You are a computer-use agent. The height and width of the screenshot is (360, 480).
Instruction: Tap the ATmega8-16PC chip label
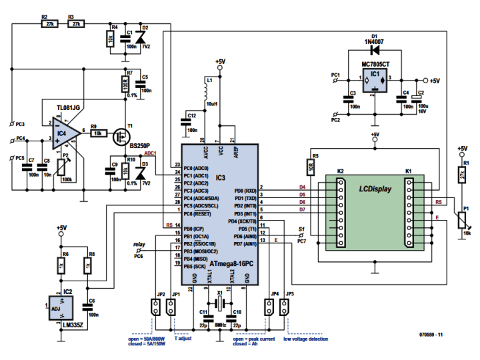tap(231, 264)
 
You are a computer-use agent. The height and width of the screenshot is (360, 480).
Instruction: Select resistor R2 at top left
tap(48, 23)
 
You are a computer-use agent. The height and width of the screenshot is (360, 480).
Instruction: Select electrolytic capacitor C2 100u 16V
tap(417, 101)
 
